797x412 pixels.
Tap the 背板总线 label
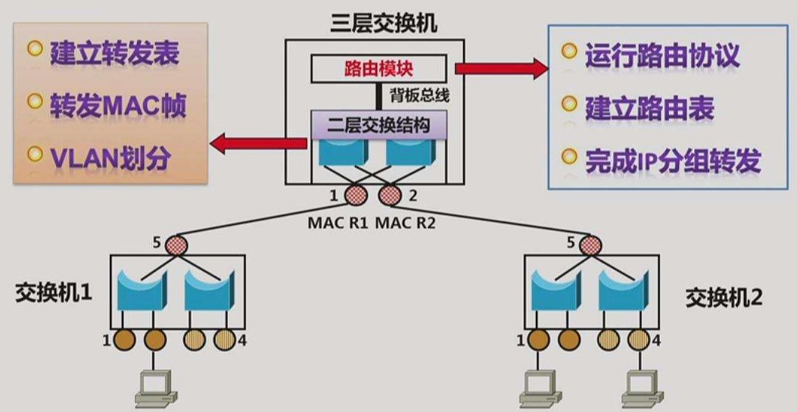[x=416, y=95]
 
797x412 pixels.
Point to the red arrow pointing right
[x=501, y=69]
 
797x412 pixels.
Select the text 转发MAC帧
[x=117, y=105]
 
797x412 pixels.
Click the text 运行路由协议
[x=662, y=55]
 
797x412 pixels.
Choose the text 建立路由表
[x=649, y=108]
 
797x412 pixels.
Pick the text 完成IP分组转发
[x=673, y=160]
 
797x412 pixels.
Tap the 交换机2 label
[x=724, y=297]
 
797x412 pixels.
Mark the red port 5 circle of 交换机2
[x=590, y=244]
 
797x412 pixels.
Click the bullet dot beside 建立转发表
[x=34, y=49]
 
